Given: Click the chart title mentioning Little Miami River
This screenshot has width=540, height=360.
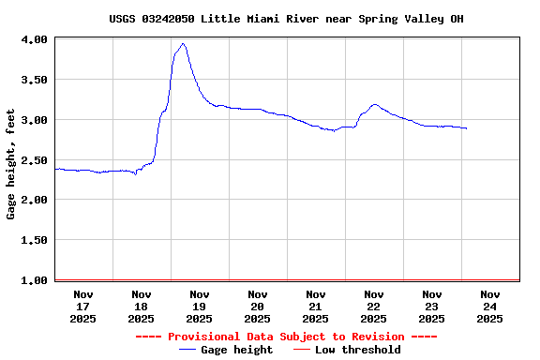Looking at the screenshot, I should pyautogui.click(x=286, y=19).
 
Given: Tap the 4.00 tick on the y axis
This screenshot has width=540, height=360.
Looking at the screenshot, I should pyautogui.click(x=35, y=39).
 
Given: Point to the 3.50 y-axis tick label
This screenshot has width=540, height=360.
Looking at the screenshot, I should pyautogui.click(x=35, y=80).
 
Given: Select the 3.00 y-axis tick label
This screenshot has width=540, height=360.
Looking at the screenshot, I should pyautogui.click(x=35, y=120).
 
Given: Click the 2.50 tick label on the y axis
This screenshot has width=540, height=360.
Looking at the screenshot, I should pyautogui.click(x=35, y=160).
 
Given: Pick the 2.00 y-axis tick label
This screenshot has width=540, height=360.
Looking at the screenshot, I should pyautogui.click(x=35, y=200).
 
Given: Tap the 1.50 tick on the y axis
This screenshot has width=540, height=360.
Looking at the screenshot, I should pyautogui.click(x=35, y=240).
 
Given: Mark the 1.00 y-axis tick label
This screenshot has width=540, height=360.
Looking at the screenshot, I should pyautogui.click(x=35, y=280).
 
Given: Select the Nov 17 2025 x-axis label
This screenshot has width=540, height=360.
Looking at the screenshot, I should pyautogui.click(x=83, y=307).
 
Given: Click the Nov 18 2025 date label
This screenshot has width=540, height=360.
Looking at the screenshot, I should pyautogui.click(x=142, y=307).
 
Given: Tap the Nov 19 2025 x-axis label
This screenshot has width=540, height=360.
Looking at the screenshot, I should pyautogui.click(x=200, y=307).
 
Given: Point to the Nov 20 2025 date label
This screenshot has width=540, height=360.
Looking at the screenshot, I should pyautogui.click(x=258, y=307).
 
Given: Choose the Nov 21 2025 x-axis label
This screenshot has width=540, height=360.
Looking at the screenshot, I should pyautogui.click(x=316, y=307).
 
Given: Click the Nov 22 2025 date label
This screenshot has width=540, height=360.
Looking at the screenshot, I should pyautogui.click(x=374, y=307).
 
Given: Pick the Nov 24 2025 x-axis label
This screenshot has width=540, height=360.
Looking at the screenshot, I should pyautogui.click(x=490, y=307).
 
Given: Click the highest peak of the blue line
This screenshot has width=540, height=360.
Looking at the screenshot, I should pyautogui.click(x=183, y=43).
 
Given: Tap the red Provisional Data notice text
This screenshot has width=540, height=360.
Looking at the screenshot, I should pyautogui.click(x=286, y=337).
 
